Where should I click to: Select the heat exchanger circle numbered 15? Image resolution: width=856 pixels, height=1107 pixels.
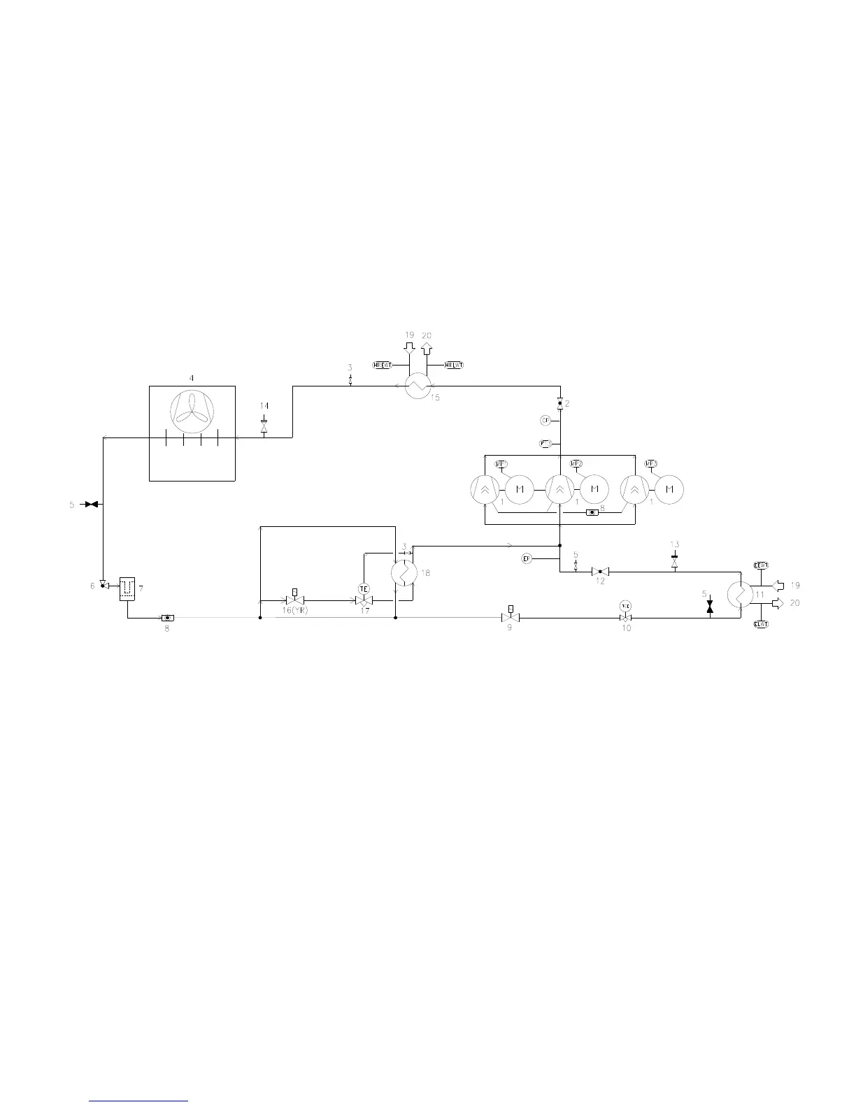click(x=418, y=384)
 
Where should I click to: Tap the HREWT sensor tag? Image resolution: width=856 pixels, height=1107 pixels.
click(x=381, y=365)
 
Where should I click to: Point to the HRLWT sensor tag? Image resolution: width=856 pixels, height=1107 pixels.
click(x=455, y=365)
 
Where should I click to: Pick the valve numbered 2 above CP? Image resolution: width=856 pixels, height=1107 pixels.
click(x=559, y=404)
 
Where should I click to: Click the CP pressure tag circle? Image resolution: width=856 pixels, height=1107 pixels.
click(x=545, y=420)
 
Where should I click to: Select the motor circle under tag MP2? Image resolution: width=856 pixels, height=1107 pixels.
click(x=594, y=489)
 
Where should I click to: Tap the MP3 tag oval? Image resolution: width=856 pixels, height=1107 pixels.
click(x=651, y=463)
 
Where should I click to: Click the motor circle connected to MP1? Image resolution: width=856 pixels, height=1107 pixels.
click(x=520, y=489)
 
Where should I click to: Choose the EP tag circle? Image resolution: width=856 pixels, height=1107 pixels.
click(x=527, y=558)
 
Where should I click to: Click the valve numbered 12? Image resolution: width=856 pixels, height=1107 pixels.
click(x=600, y=572)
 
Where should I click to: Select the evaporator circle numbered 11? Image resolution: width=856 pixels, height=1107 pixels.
click(x=739, y=595)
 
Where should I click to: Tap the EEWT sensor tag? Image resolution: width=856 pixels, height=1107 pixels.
click(x=760, y=565)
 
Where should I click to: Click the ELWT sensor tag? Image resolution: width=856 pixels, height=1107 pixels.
click(x=760, y=625)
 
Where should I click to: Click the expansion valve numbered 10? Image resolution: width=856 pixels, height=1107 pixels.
click(x=625, y=618)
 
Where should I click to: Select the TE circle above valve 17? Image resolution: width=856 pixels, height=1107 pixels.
click(x=364, y=589)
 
